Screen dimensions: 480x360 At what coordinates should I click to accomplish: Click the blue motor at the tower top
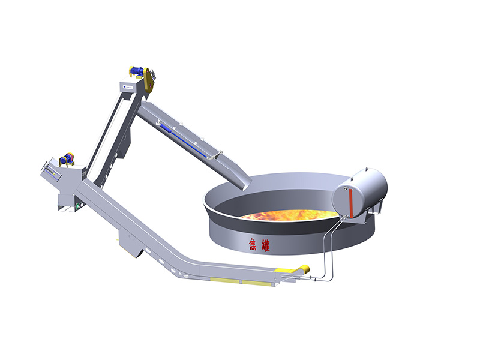(136, 71)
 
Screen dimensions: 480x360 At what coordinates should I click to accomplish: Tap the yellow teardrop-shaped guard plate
(148, 80)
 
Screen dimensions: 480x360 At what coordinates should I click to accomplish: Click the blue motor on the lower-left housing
(66, 158)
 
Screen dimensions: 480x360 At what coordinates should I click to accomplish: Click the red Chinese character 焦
(253, 245)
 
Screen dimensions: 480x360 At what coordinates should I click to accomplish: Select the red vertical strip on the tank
(350, 203)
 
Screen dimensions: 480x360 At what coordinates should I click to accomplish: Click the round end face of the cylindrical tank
(347, 201)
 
